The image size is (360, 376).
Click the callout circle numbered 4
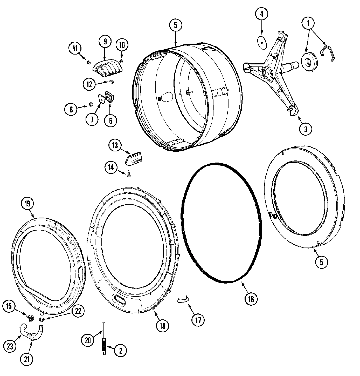click(261, 14)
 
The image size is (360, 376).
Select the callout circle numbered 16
click(251, 299)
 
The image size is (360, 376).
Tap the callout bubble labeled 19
click(27, 204)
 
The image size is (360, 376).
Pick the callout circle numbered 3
click(305, 129)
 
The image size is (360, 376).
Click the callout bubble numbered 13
click(115, 145)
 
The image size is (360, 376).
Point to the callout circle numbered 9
click(105, 41)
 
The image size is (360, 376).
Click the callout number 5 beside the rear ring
click(321, 262)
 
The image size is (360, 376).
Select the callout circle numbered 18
click(162, 325)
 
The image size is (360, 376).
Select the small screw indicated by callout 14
click(128, 176)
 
